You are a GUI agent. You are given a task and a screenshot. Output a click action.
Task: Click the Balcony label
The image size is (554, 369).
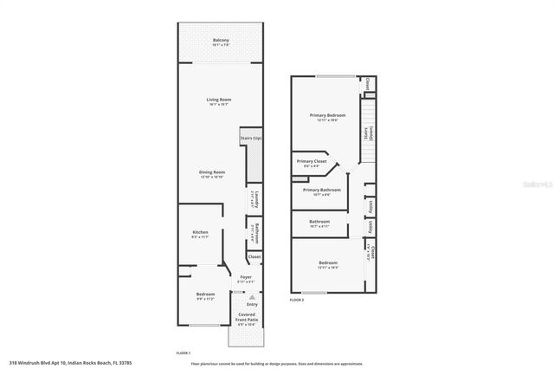click(221, 42)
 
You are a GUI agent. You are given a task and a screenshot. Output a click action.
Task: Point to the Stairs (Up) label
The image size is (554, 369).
click(251, 139)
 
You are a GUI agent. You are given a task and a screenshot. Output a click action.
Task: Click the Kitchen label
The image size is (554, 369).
click(200, 233)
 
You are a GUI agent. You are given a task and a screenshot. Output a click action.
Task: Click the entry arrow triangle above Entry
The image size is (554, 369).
click(252, 296)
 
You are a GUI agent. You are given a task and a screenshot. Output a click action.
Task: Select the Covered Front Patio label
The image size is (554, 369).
click(246, 318)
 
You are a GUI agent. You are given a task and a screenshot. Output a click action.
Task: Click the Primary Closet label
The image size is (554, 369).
click(311, 161)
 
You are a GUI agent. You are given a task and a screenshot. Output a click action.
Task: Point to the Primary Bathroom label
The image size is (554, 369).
click(321, 190)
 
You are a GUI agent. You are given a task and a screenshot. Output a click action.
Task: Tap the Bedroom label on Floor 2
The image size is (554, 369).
click(327, 262)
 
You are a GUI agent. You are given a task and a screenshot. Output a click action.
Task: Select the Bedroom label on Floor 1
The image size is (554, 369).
click(204, 296)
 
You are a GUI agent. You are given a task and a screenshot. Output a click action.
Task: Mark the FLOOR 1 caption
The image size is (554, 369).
click(184, 353)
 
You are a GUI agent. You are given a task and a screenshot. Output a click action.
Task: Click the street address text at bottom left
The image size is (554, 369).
click(66, 363)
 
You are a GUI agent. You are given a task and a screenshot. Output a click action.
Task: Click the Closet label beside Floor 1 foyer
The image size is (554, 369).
click(254, 257)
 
